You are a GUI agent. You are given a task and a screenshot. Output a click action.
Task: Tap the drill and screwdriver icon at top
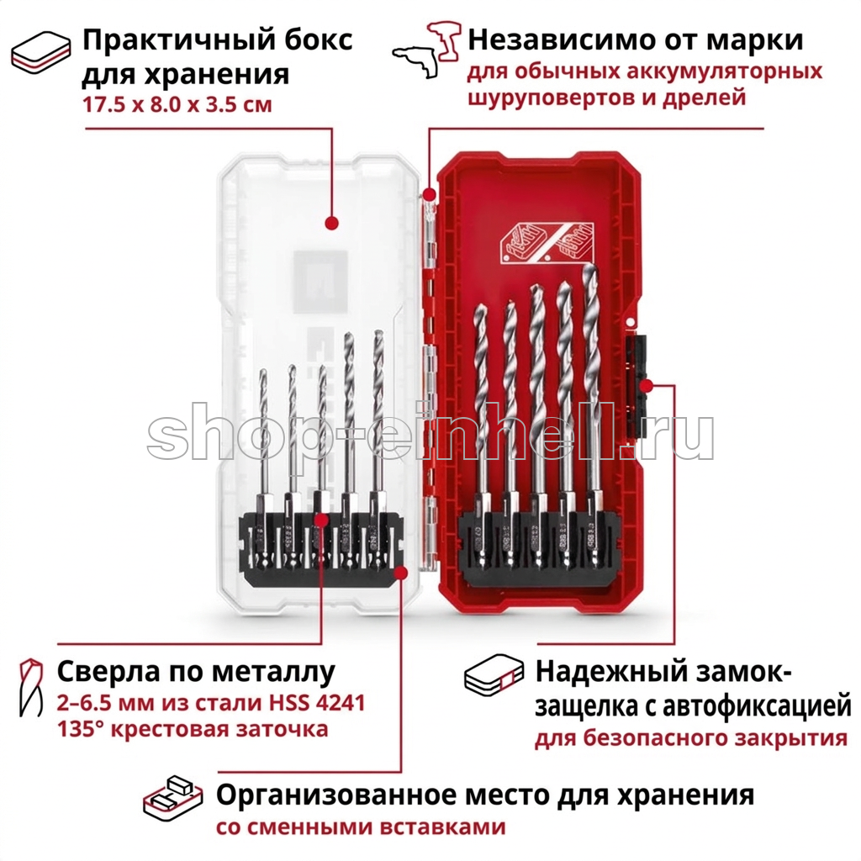pyautogui.click(x=426, y=50)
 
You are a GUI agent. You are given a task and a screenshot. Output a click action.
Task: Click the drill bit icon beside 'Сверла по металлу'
pyautogui.click(x=31, y=688)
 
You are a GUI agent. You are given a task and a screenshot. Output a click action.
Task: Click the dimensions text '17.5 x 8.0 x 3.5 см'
pyautogui.click(x=177, y=104)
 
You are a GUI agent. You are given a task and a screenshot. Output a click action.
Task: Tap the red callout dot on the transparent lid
pyautogui.click(x=331, y=223)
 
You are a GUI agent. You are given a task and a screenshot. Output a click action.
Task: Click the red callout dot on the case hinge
pyautogui.click(x=430, y=194)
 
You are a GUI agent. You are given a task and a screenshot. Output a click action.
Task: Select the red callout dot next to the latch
pyautogui.click(x=647, y=385)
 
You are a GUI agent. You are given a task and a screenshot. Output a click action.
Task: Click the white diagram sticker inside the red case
pyautogui.click(x=547, y=241)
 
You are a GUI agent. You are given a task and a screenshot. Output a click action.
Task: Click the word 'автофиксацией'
pyautogui.click(x=757, y=706)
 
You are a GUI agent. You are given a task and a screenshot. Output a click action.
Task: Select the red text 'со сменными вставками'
pyautogui.click(x=361, y=827)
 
